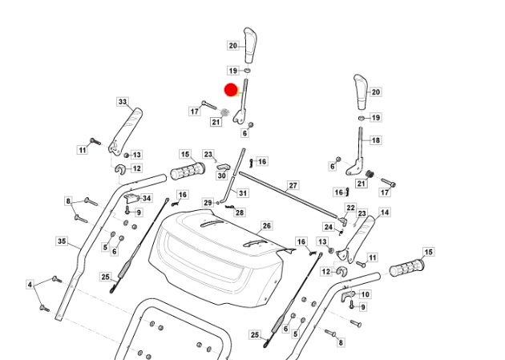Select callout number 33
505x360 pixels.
[123, 102]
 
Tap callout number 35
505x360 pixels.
[62, 241]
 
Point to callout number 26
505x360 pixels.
[267, 227]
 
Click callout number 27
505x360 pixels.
[293, 185]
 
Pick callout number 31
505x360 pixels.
[243, 193]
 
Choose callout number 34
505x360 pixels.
[147, 198]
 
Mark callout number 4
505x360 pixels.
[30, 285]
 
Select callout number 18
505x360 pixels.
[376, 140]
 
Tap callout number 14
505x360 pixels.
[385, 212]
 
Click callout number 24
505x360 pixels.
[327, 227]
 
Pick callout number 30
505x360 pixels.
[222, 175]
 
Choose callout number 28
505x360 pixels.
[240, 212]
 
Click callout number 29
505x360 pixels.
[208, 202]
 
